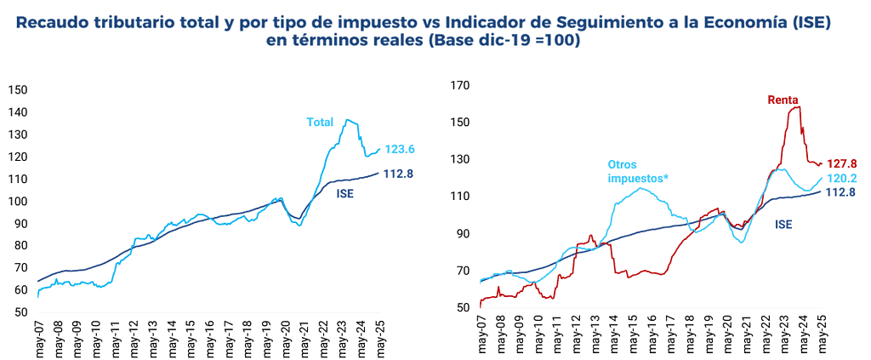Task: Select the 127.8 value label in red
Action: (842, 163)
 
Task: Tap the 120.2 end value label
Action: (842, 179)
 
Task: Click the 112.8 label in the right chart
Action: (842, 192)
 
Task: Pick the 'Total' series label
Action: (320, 123)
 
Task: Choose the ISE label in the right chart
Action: (784, 225)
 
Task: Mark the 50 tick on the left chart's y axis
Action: (21, 312)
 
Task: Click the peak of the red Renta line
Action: (796, 106)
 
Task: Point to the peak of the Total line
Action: (349, 121)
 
